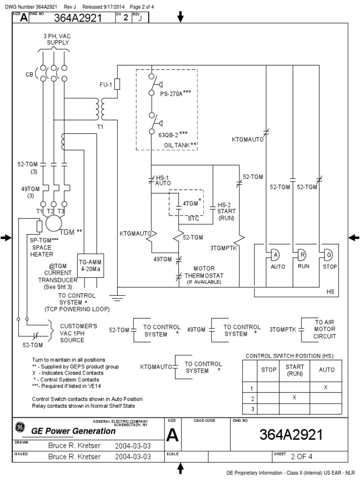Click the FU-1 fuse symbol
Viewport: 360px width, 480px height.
117,84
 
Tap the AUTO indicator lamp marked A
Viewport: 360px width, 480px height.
276,255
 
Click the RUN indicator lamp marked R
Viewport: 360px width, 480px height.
302,255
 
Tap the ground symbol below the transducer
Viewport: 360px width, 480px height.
117,296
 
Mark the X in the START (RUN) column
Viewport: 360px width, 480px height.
294,397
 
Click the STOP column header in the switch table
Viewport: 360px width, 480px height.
269,370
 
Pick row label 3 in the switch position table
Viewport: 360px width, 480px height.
252,408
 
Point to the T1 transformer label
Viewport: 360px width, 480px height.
100,127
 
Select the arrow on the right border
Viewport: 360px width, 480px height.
354,238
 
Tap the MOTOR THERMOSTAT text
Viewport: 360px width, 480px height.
203,272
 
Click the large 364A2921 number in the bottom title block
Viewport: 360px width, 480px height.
291,435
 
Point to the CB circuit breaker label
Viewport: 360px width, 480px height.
30,75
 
